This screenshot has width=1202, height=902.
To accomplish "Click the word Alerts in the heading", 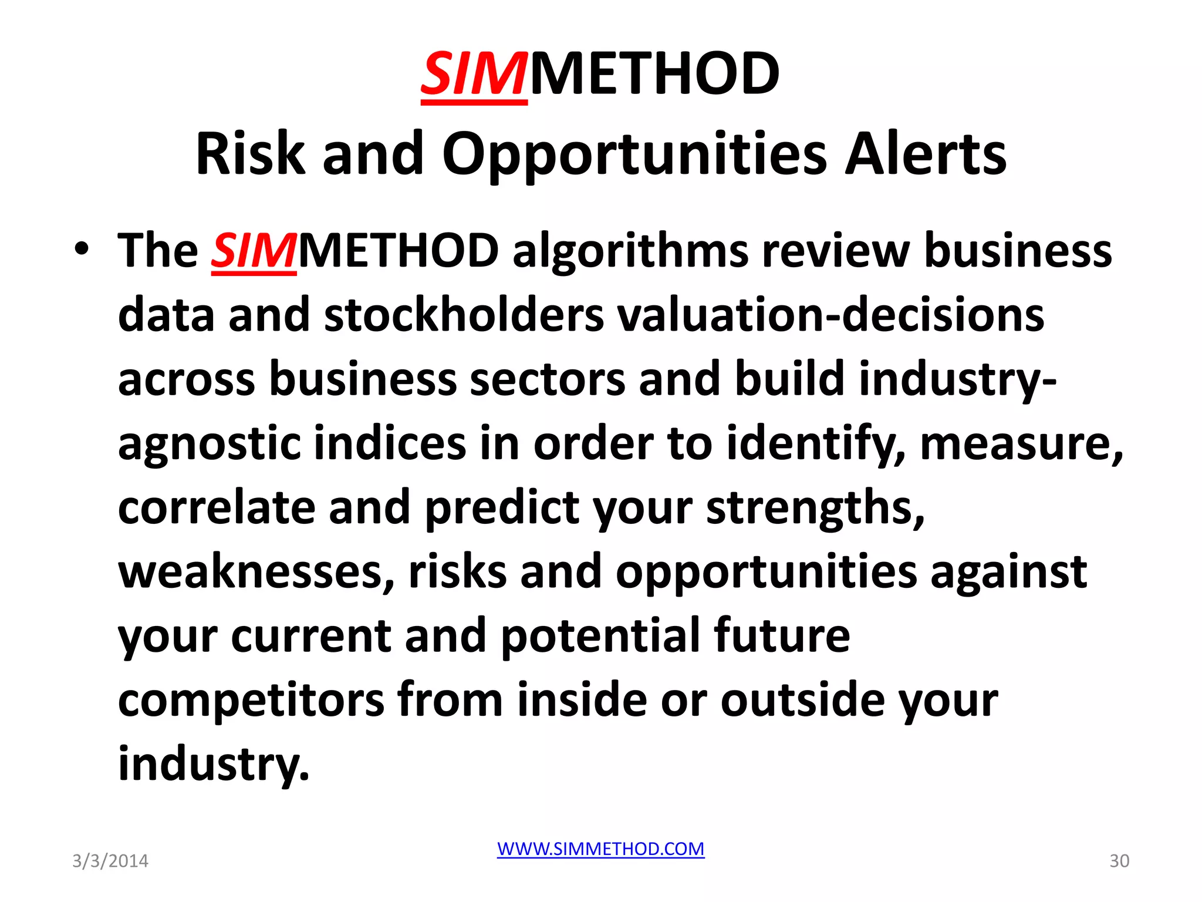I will point(926,154).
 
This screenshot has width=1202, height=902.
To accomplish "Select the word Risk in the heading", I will point(251,154).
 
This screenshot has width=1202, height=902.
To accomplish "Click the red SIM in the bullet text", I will point(254,251).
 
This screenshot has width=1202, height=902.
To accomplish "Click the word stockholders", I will point(464,315).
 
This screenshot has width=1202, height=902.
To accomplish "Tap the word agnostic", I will point(209,444).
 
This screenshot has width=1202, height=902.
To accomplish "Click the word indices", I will point(390,443).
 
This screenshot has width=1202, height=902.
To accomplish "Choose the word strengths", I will point(815,508).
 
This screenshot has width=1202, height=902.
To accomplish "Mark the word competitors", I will point(251,699).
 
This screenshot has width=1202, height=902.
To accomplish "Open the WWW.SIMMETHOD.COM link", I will point(600,849).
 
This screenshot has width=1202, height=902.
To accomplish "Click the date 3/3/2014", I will point(110,861).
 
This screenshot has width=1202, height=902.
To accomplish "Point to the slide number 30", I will point(1119,861).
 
